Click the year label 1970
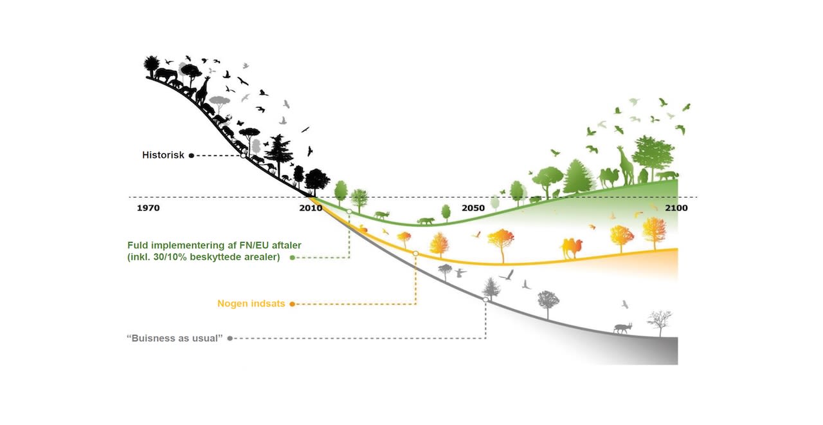click(x=149, y=208)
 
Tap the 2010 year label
click(x=311, y=208)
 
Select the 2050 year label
click(x=473, y=208)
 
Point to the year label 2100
click(x=676, y=208)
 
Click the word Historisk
click(x=163, y=155)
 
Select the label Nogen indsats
click(x=251, y=304)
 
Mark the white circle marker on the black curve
click(x=242, y=155)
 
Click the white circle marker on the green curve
click(x=349, y=211)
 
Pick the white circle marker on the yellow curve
click(x=415, y=254)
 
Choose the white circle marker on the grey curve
click(x=485, y=299)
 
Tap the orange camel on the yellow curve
click(x=571, y=247)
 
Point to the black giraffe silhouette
click(x=203, y=90)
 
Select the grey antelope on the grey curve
click(x=622, y=328)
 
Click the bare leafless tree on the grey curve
click(x=659, y=322)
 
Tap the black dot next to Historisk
click(x=192, y=155)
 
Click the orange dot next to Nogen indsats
click(x=292, y=304)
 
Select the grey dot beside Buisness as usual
click(x=230, y=338)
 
